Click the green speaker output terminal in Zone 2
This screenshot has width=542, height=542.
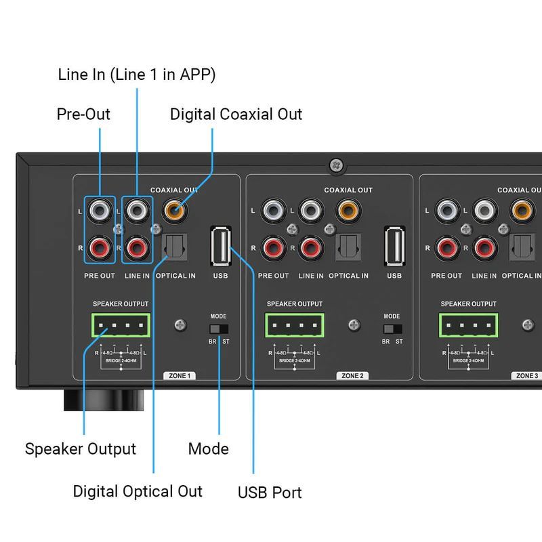[x=295, y=326]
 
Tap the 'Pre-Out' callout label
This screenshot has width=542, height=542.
[x=83, y=114]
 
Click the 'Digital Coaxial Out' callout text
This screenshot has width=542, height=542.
[x=236, y=114]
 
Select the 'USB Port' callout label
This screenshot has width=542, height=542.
[x=270, y=492]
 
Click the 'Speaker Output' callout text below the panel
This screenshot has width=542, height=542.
[x=81, y=449]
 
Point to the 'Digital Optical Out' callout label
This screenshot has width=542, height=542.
[x=138, y=491]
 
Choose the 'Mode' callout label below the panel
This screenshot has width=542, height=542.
[x=208, y=449]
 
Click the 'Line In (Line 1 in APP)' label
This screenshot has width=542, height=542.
[x=137, y=75]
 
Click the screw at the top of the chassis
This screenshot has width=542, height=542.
[x=335, y=165]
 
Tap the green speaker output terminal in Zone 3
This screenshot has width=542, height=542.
[x=469, y=326]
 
